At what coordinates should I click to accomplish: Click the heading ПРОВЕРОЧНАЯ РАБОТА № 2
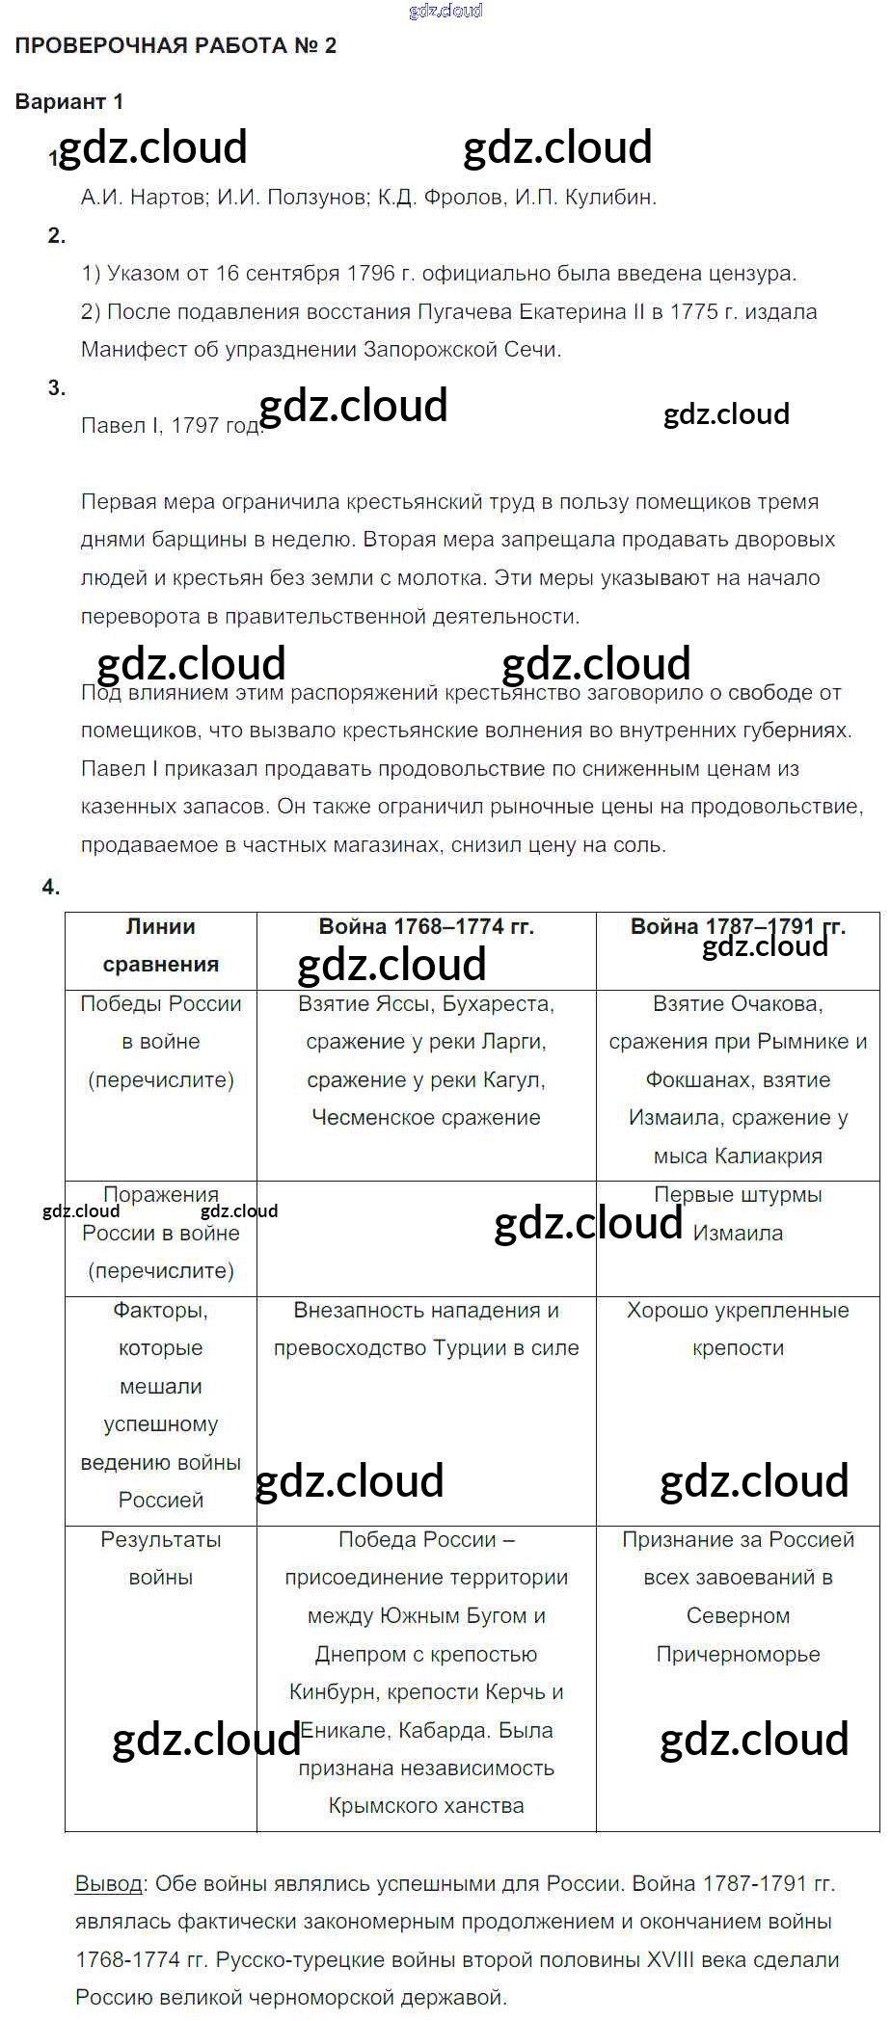point(175,45)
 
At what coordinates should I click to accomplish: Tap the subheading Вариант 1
point(68,101)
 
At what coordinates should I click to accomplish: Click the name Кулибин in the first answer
point(615,198)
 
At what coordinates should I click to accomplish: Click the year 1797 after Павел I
point(195,426)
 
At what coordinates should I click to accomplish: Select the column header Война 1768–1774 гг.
point(426,926)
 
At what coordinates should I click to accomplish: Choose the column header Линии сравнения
point(160,945)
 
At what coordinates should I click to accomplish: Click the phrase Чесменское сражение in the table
point(426,1118)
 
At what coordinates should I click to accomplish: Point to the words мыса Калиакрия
point(738,1156)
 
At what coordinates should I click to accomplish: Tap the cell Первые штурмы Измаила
point(738,1213)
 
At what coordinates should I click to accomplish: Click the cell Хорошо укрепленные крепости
point(738,1329)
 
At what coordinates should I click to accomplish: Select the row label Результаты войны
point(160,1558)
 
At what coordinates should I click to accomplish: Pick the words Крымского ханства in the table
point(426,1805)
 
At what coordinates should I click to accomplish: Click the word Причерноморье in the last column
point(738,1654)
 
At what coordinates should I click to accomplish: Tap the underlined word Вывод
point(108,1882)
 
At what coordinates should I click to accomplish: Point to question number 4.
point(51,887)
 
